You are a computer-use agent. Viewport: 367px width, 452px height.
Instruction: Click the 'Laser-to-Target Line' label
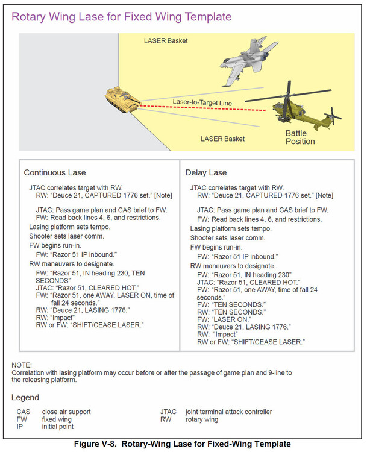tap(202, 103)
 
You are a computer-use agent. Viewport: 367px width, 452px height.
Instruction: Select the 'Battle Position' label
tap(300, 137)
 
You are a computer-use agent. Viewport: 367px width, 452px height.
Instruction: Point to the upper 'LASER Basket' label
tap(166, 41)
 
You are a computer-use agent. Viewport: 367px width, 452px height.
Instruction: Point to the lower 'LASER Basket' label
tap(222, 139)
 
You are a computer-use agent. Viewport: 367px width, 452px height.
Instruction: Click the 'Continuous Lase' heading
tap(54, 173)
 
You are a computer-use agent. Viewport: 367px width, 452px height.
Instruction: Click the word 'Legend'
tap(25, 398)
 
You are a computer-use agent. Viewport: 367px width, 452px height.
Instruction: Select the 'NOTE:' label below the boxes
tap(21, 365)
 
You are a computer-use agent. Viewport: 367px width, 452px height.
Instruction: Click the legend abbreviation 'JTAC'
tap(169, 412)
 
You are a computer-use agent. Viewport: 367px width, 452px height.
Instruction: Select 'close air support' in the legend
tap(66, 412)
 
